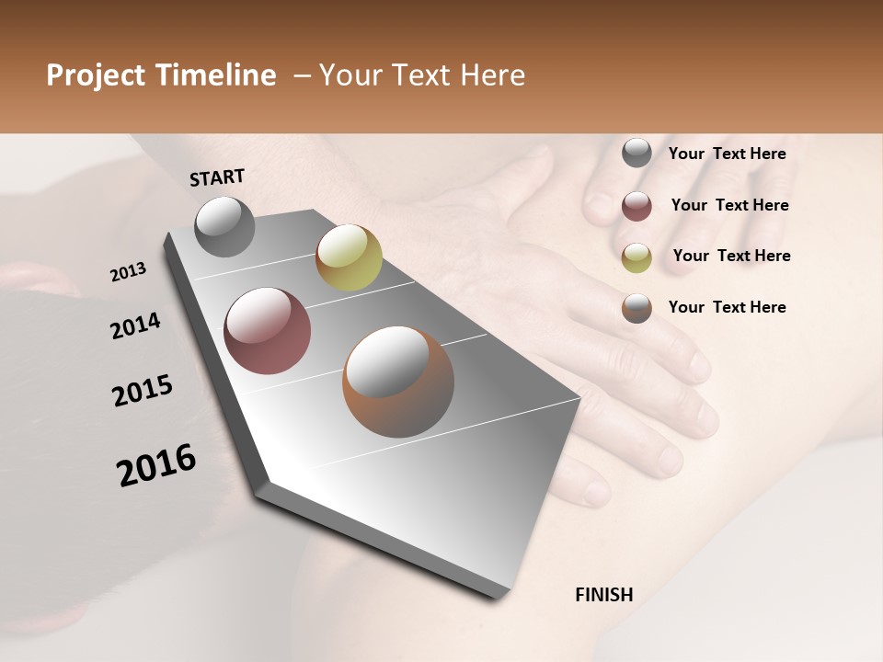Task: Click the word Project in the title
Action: tap(96, 75)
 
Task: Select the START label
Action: tap(217, 177)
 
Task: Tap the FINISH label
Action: tap(604, 595)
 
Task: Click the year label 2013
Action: tap(129, 272)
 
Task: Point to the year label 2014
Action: tap(136, 325)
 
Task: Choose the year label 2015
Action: tap(143, 391)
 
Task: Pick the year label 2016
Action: tap(156, 464)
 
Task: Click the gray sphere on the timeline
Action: tap(225, 226)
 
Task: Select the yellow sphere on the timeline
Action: tap(349, 257)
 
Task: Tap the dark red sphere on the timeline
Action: tap(268, 331)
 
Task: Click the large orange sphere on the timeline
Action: tap(398, 382)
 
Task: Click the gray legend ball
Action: tap(636, 153)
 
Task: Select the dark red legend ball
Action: tap(636, 206)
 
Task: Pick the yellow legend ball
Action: tap(636, 257)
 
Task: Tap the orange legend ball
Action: tap(636, 308)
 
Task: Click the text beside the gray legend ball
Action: tap(727, 154)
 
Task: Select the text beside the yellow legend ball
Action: tap(731, 256)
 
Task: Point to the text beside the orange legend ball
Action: tap(727, 307)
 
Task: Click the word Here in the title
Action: tap(492, 75)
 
